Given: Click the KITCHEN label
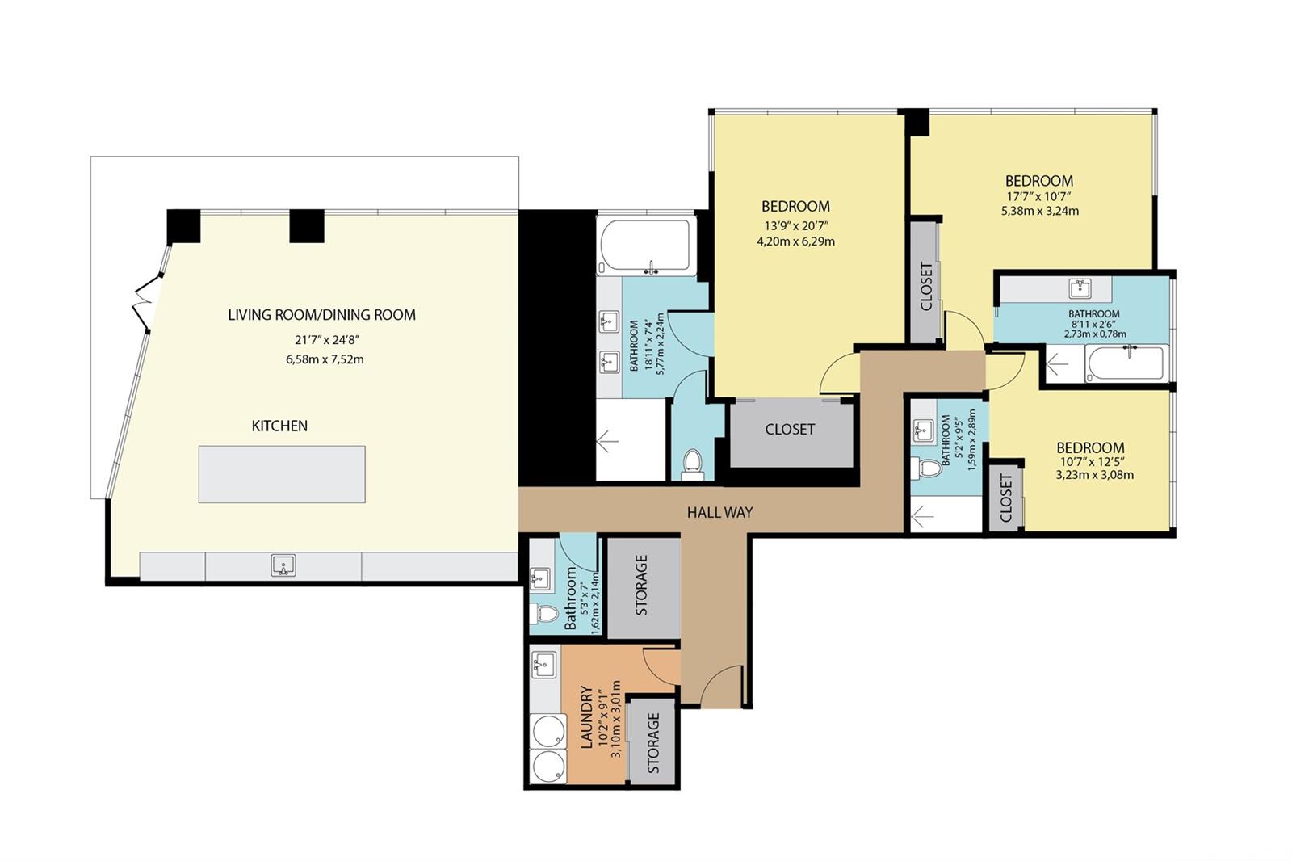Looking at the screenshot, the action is pyautogui.click(x=279, y=426).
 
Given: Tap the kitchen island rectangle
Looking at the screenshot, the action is pyautogui.click(x=282, y=474).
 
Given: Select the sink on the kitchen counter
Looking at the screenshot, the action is pyautogui.click(x=283, y=565).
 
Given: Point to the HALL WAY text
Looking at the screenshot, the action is pyautogui.click(x=719, y=512).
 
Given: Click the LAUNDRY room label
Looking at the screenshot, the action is pyautogui.click(x=586, y=716).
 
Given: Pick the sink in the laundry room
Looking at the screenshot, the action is pyautogui.click(x=543, y=664).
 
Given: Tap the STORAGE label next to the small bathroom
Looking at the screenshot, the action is pyautogui.click(x=641, y=585).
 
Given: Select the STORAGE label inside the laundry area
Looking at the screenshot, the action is pyautogui.click(x=653, y=743).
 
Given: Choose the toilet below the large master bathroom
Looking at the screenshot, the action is pyautogui.click(x=692, y=464).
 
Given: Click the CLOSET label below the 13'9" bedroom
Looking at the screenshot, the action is pyautogui.click(x=790, y=430).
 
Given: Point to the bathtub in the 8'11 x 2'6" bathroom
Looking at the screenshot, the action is pyautogui.click(x=1127, y=363).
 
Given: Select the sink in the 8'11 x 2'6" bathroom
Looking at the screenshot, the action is pyautogui.click(x=1080, y=288).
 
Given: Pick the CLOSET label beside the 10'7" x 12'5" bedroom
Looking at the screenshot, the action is pyautogui.click(x=1006, y=498).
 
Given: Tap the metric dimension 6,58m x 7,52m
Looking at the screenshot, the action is pyautogui.click(x=325, y=359).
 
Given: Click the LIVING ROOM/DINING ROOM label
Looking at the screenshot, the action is pyautogui.click(x=322, y=315).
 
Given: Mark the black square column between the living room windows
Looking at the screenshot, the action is pyautogui.click(x=307, y=225).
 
